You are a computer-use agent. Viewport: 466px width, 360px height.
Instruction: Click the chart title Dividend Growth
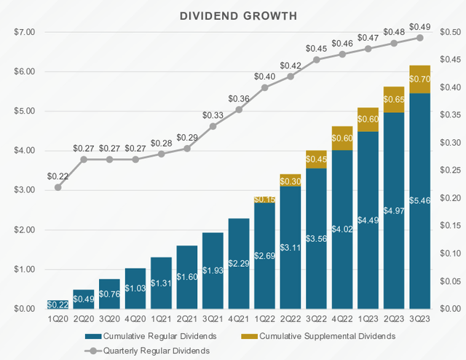(x=233, y=15)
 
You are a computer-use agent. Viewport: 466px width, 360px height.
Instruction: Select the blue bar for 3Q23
(x=420, y=219)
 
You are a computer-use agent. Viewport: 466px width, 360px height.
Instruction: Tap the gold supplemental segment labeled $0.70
(x=420, y=79)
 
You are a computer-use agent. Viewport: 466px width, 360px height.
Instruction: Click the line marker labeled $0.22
(x=58, y=187)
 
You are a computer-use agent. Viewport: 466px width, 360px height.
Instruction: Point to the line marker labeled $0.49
(x=420, y=38)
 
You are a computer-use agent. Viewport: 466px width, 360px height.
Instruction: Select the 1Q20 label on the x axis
(x=58, y=318)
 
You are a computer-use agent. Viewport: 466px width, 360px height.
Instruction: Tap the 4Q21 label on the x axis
(x=239, y=318)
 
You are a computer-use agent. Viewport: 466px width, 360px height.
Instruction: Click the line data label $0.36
(x=239, y=98)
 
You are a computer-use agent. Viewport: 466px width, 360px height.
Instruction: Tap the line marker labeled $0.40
(x=265, y=87)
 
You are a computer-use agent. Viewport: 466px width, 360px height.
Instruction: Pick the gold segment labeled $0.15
(x=265, y=200)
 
